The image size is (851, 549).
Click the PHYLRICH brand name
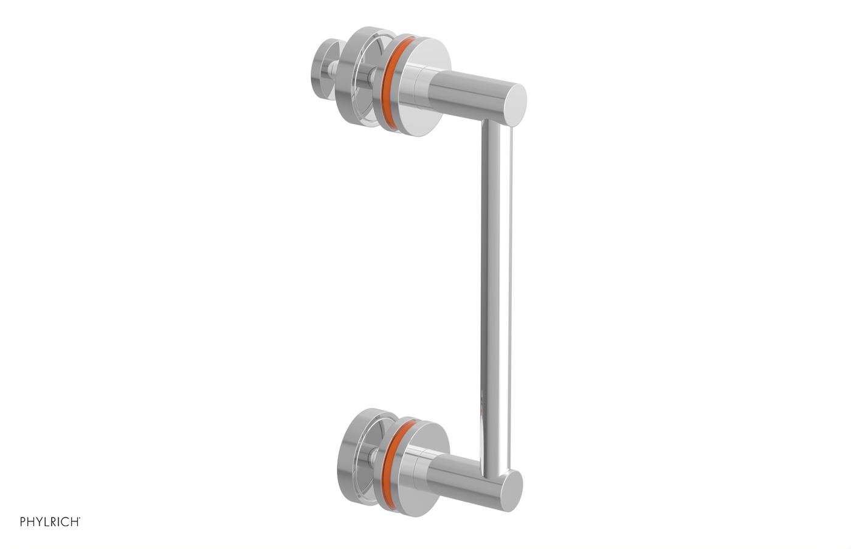pos(49,522)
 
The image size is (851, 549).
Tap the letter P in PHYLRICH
pos(23,522)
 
